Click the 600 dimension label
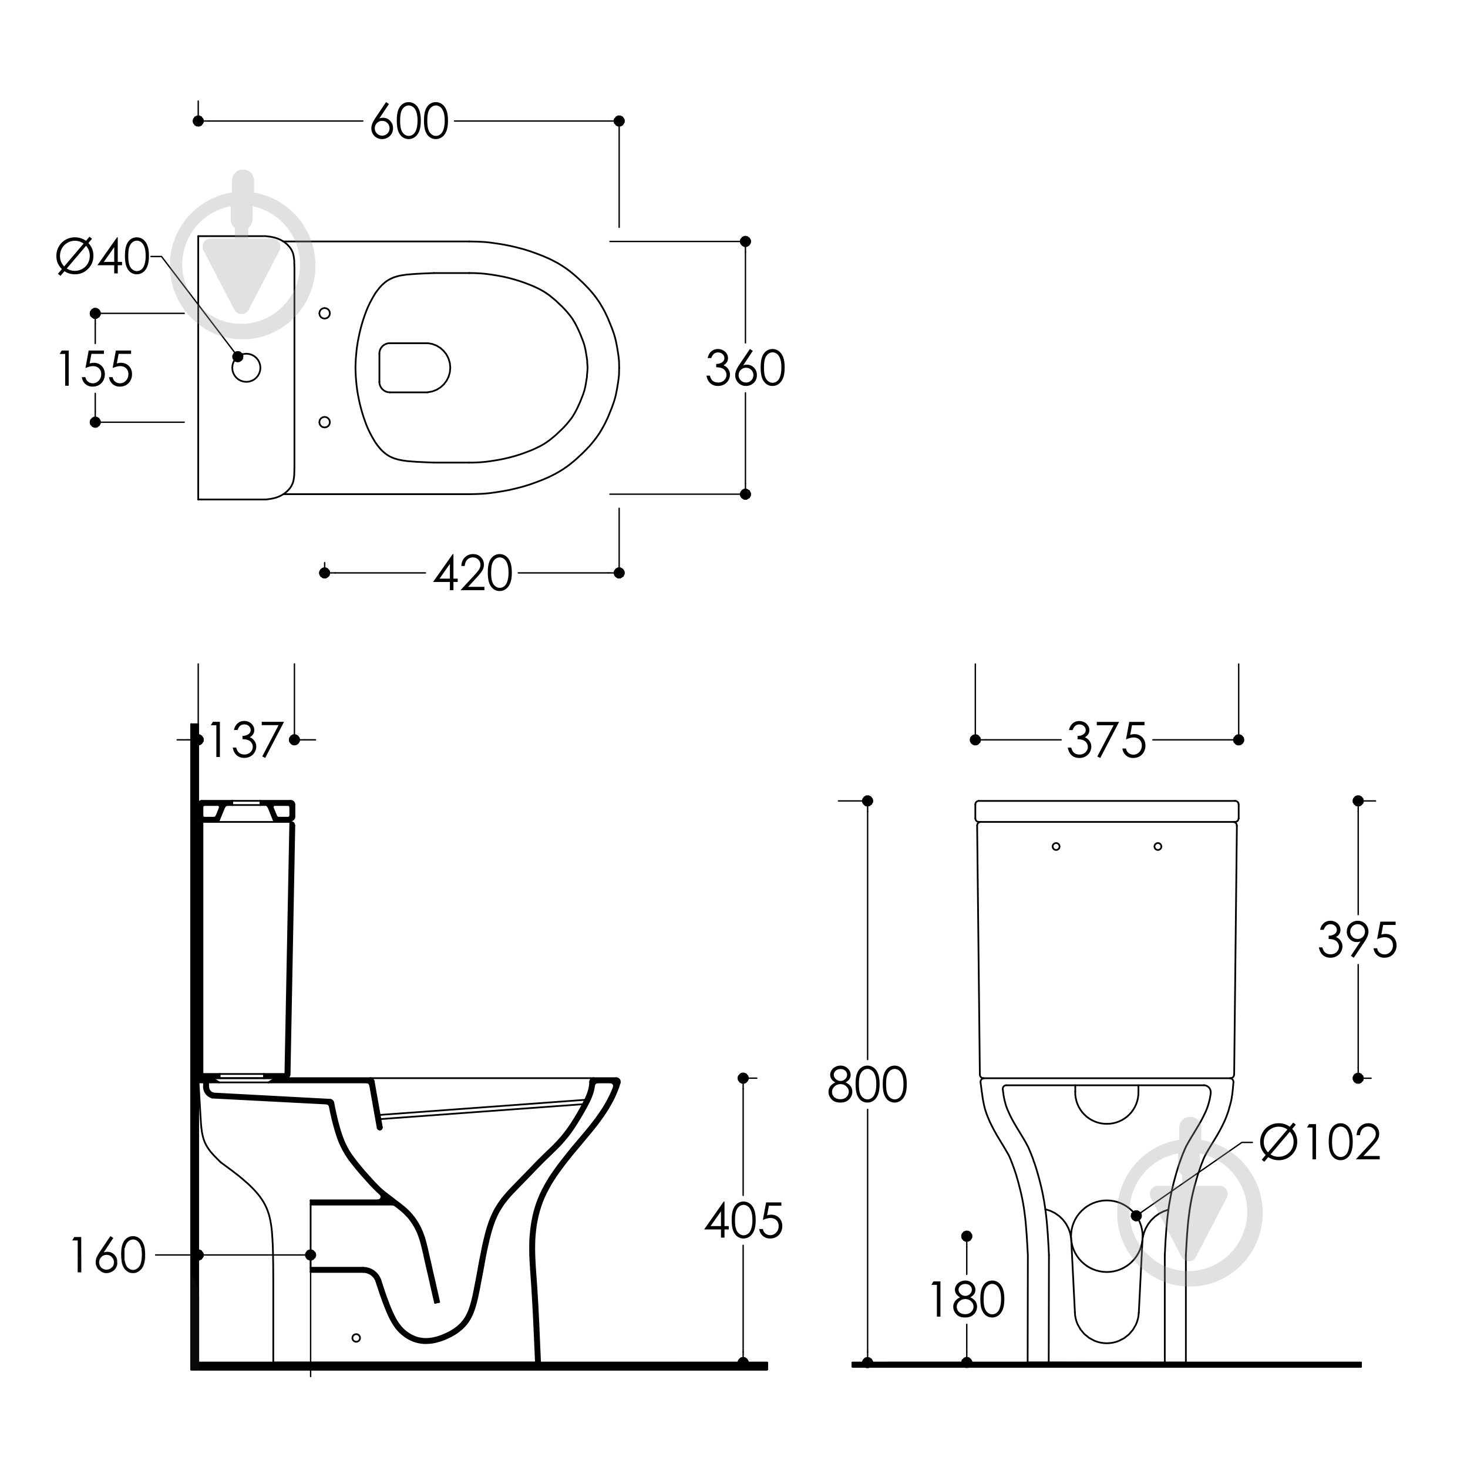(409, 122)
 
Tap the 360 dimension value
(745, 369)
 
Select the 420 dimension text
(473, 574)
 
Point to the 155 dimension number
(96, 369)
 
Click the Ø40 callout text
(103, 257)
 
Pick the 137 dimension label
(245, 740)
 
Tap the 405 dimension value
(744, 1221)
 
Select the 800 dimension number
(867, 1085)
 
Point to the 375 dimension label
(1106, 740)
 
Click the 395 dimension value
(1357, 940)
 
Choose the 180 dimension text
(967, 1300)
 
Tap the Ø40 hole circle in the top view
(247, 368)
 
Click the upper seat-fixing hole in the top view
(325, 313)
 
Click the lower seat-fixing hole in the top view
(325, 422)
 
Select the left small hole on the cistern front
(1056, 846)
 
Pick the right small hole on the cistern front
(1157, 846)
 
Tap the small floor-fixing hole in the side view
(356, 1338)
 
